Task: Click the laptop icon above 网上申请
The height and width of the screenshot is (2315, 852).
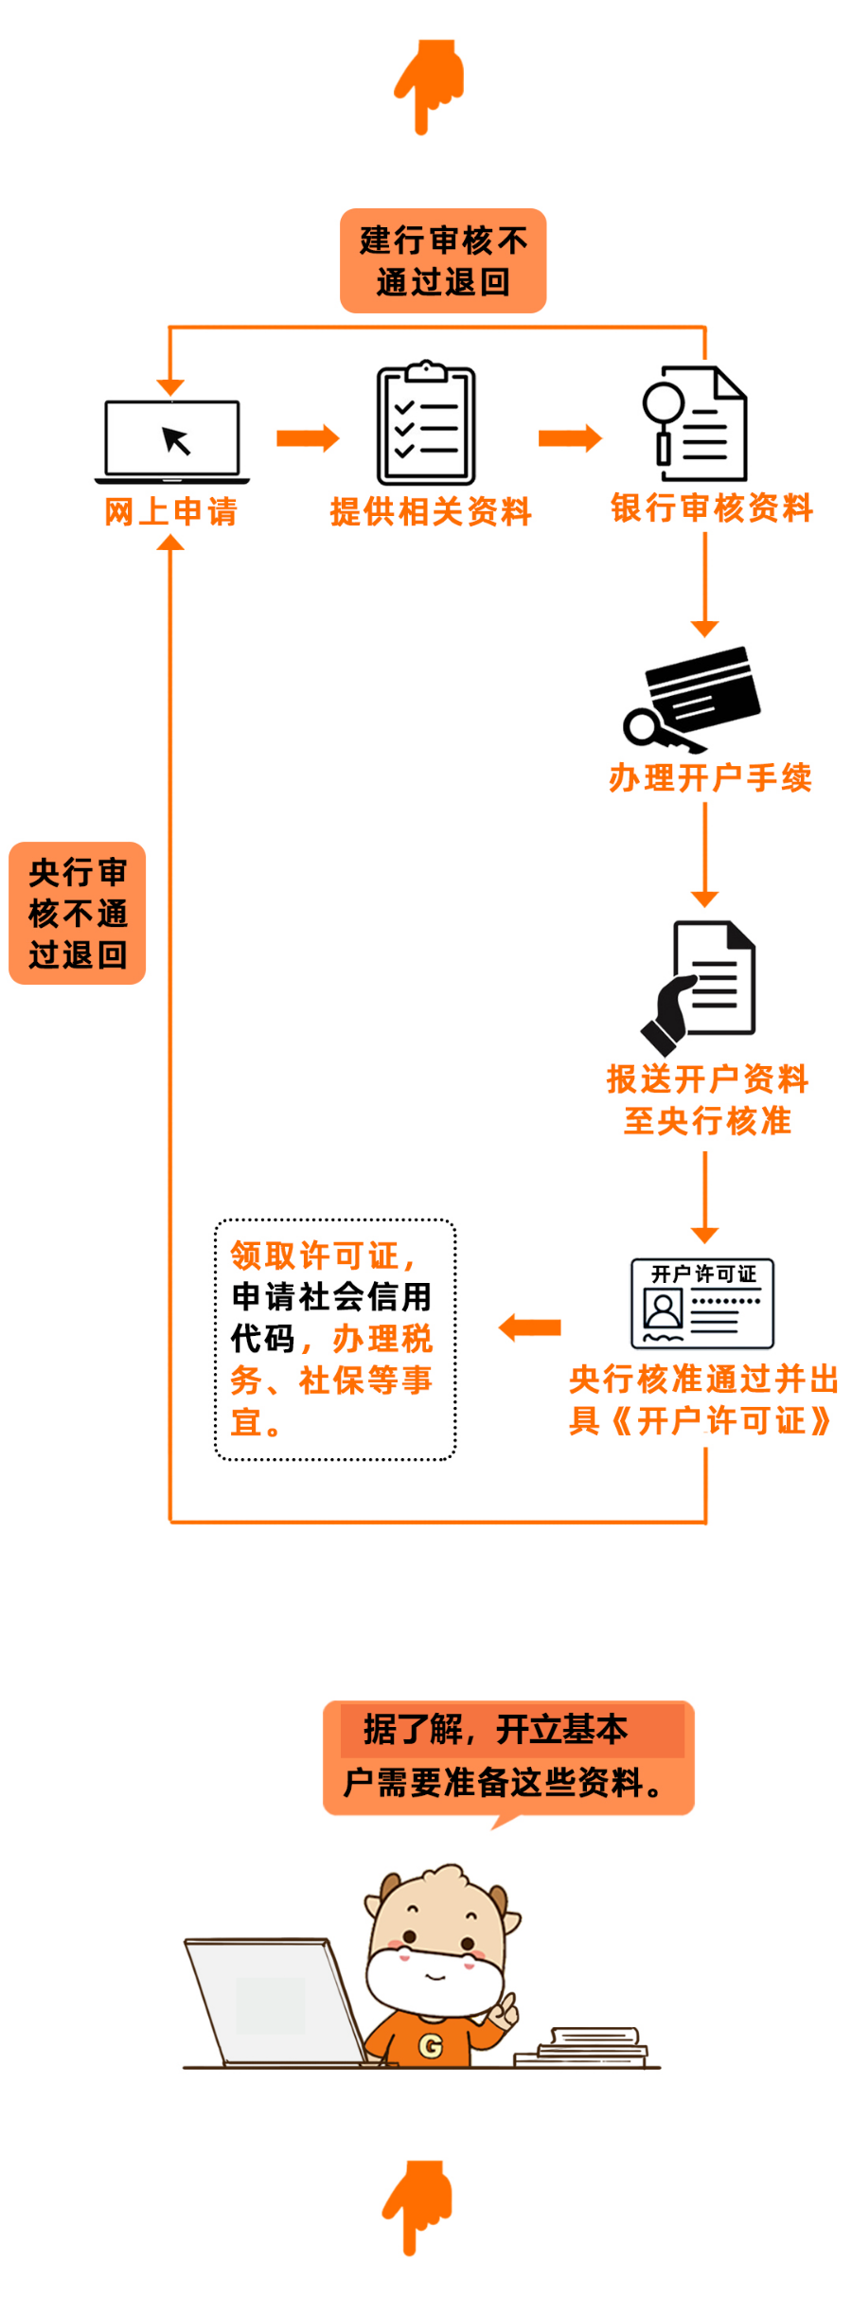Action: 172,441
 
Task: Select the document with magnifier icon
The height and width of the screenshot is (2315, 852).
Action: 695,424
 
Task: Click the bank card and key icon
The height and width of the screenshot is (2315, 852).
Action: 692,699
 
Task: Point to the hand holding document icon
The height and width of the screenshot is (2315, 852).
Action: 699,988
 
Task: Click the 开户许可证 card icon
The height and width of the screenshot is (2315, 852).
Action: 702,1303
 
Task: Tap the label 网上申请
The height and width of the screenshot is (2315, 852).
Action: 171,511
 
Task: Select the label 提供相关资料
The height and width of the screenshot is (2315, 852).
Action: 431,511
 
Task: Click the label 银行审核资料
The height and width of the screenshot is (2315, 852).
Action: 712,508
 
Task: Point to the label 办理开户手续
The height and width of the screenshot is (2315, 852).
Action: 711,777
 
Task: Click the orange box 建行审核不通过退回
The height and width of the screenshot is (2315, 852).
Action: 443,260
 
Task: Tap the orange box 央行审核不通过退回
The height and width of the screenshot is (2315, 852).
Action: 78,913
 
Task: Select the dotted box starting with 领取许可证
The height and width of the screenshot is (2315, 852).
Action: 335,1340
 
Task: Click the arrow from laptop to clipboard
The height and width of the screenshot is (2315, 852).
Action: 308,437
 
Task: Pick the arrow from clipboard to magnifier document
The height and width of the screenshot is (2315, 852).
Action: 570,437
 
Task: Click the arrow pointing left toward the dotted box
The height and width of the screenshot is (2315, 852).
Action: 530,1327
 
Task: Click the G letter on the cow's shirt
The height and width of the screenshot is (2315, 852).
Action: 431,2046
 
